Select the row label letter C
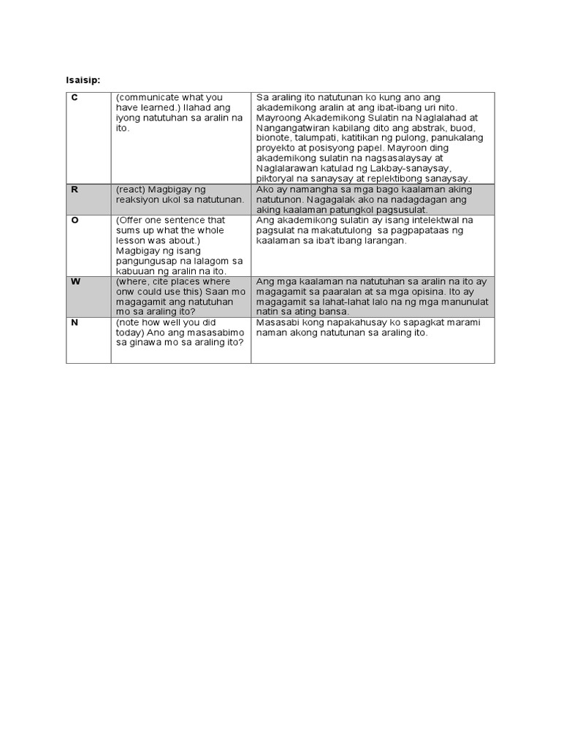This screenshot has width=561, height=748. pos(74,98)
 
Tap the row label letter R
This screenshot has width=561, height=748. pos(74,190)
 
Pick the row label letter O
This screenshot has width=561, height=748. pos(75,220)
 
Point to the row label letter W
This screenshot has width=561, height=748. pos(75,281)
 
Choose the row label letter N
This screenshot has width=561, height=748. pos(74,322)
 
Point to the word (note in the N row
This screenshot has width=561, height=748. pos(128,322)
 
